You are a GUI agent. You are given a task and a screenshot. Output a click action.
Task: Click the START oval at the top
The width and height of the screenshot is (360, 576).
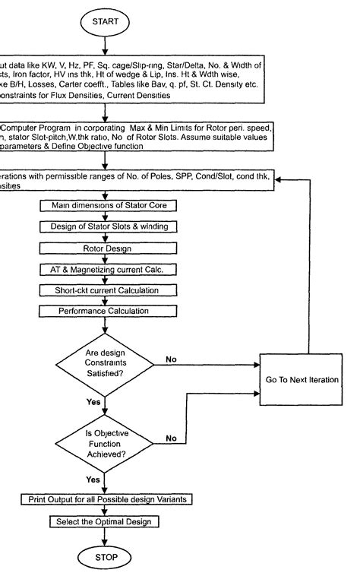pyautogui.click(x=106, y=22)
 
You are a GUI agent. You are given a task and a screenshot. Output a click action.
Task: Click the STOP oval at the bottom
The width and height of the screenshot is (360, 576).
pyautogui.click(x=106, y=556)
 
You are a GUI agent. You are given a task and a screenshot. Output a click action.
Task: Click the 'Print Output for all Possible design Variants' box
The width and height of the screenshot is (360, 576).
pyautogui.click(x=106, y=499)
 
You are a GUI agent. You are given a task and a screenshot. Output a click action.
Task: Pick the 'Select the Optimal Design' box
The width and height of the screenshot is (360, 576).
pyautogui.click(x=106, y=521)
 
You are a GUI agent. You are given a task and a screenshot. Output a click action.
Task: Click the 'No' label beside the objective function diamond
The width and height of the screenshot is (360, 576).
pyautogui.click(x=172, y=438)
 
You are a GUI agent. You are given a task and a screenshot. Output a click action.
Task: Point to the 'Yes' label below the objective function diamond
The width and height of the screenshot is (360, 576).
pyautogui.click(x=93, y=479)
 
